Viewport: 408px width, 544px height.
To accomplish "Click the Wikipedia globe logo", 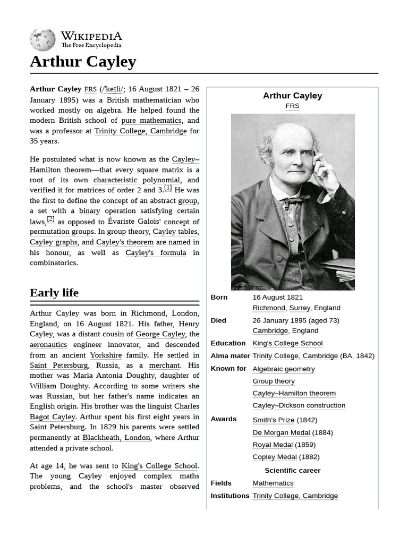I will point(42,40).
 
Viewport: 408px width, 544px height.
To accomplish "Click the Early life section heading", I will point(54,293).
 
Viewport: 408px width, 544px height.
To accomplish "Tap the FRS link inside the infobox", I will point(292,106).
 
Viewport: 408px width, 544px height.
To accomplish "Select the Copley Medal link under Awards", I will point(274,457).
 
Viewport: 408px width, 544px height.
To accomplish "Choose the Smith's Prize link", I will point(273,420).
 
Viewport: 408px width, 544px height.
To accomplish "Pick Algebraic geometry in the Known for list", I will point(284,369).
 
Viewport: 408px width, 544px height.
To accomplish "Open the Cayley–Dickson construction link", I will point(299,405).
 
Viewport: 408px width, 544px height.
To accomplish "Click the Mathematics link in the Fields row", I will point(273,483).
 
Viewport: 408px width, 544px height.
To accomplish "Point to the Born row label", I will point(219,297).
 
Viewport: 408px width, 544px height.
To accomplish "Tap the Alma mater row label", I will point(230,356).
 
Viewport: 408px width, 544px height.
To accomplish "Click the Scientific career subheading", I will point(292,470).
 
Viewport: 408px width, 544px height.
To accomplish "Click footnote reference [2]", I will point(50,219).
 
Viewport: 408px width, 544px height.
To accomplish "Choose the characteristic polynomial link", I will point(137,180).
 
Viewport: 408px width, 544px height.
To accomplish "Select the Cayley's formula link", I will point(156,253).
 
